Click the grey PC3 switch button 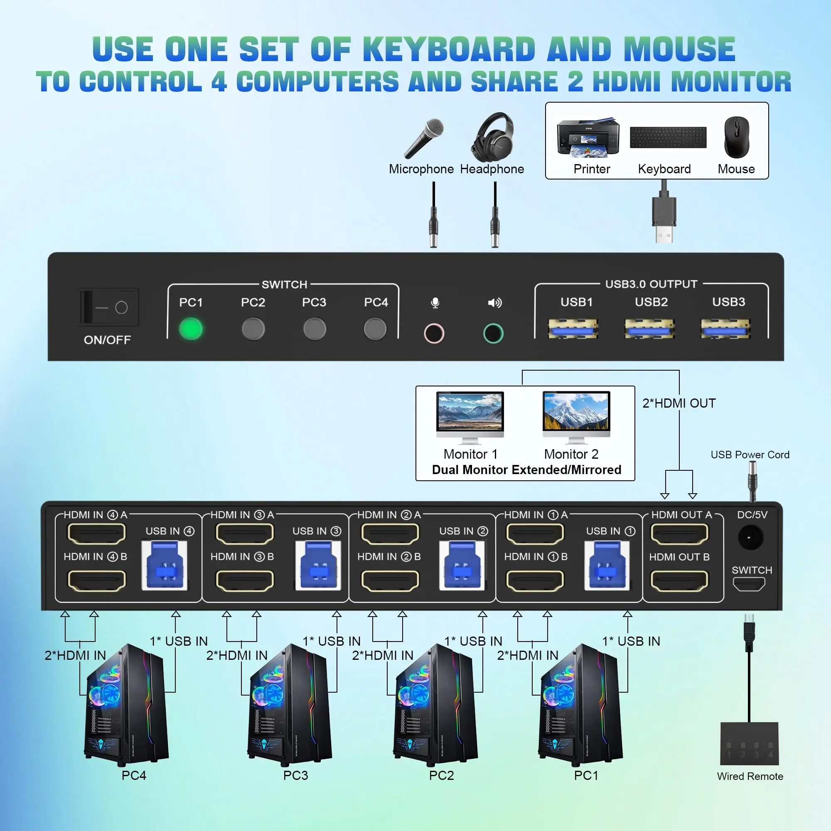pos(315,329)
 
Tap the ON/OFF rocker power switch pos(109,307)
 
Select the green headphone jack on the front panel pos(493,333)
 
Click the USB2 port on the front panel pos(649,329)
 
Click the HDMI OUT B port pos(679,581)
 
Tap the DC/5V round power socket pos(750,538)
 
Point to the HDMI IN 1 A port pos(535,534)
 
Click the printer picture pos(588,138)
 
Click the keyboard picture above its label pos(668,137)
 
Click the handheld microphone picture pos(424,138)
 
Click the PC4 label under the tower pos(134,775)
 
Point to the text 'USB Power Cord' pos(750,455)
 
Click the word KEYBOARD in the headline pos(449,49)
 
